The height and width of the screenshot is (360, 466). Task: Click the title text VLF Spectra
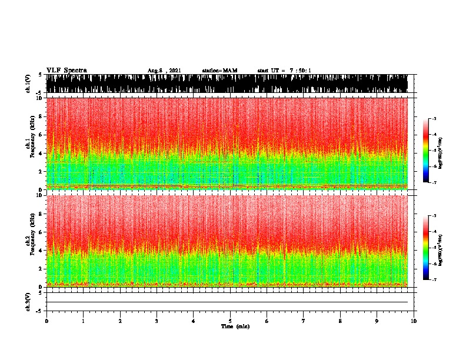[66, 70]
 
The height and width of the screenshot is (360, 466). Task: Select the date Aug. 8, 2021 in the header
[164, 71]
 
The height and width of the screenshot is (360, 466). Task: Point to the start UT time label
[284, 71]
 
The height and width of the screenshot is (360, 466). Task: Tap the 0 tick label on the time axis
[46, 321]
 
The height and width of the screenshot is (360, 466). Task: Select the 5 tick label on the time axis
[230, 321]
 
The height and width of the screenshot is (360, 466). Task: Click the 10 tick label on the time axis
[414, 321]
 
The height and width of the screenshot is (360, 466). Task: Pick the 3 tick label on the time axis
[157, 321]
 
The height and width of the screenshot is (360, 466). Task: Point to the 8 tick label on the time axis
[340, 321]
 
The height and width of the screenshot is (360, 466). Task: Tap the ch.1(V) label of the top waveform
[28, 84]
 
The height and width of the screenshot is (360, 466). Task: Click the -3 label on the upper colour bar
[434, 119]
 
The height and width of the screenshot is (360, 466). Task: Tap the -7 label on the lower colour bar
[434, 280]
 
